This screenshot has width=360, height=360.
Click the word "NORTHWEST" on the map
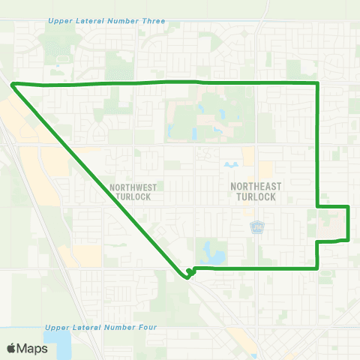click(130, 187)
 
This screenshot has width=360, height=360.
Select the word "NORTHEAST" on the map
click(250, 187)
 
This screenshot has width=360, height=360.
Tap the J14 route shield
click(256, 226)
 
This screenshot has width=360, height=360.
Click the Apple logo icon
click(12, 348)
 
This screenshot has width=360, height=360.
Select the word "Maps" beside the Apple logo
click(34, 348)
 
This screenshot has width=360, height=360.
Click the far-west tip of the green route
click(11, 84)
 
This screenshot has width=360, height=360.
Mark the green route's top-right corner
click(319, 82)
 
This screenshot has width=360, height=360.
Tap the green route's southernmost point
click(186, 277)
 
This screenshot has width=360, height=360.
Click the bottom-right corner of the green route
click(319, 267)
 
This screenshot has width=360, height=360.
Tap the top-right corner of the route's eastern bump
click(349, 206)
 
